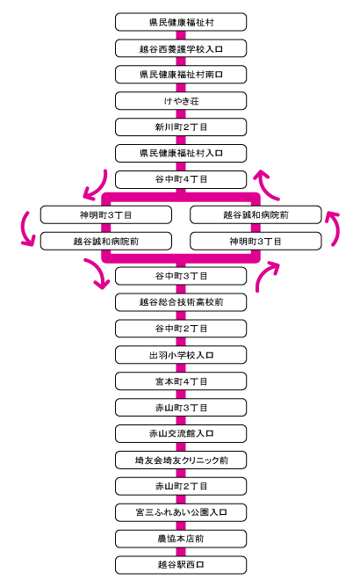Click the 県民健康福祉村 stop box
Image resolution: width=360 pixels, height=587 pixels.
coord(181,22)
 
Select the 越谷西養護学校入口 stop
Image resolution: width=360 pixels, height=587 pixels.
coord(181,48)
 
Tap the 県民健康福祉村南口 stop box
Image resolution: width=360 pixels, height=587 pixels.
coord(181,75)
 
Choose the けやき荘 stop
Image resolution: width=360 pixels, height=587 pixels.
coord(181,101)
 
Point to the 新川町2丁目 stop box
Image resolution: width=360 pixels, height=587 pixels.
coord(181,127)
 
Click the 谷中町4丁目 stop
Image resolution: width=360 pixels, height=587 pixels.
coord(181,179)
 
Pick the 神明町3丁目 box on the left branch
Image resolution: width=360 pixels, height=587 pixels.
coord(106,215)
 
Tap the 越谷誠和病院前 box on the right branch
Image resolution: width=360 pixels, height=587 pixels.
coord(256,215)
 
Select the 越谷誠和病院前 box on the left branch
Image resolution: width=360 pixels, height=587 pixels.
coord(106,241)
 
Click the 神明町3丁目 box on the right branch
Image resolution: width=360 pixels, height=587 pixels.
coord(256,241)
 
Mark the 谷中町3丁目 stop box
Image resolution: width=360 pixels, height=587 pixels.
coord(181,276)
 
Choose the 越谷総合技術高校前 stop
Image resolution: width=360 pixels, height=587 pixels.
coord(181,302)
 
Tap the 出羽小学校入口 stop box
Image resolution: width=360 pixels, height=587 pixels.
coord(181,354)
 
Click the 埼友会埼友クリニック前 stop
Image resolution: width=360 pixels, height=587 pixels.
coord(181,460)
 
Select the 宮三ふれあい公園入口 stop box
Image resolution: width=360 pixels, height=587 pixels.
coord(181,512)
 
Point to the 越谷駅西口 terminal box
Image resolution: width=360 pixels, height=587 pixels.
coord(181,564)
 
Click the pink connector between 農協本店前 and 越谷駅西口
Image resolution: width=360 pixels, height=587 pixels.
coord(181,552)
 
